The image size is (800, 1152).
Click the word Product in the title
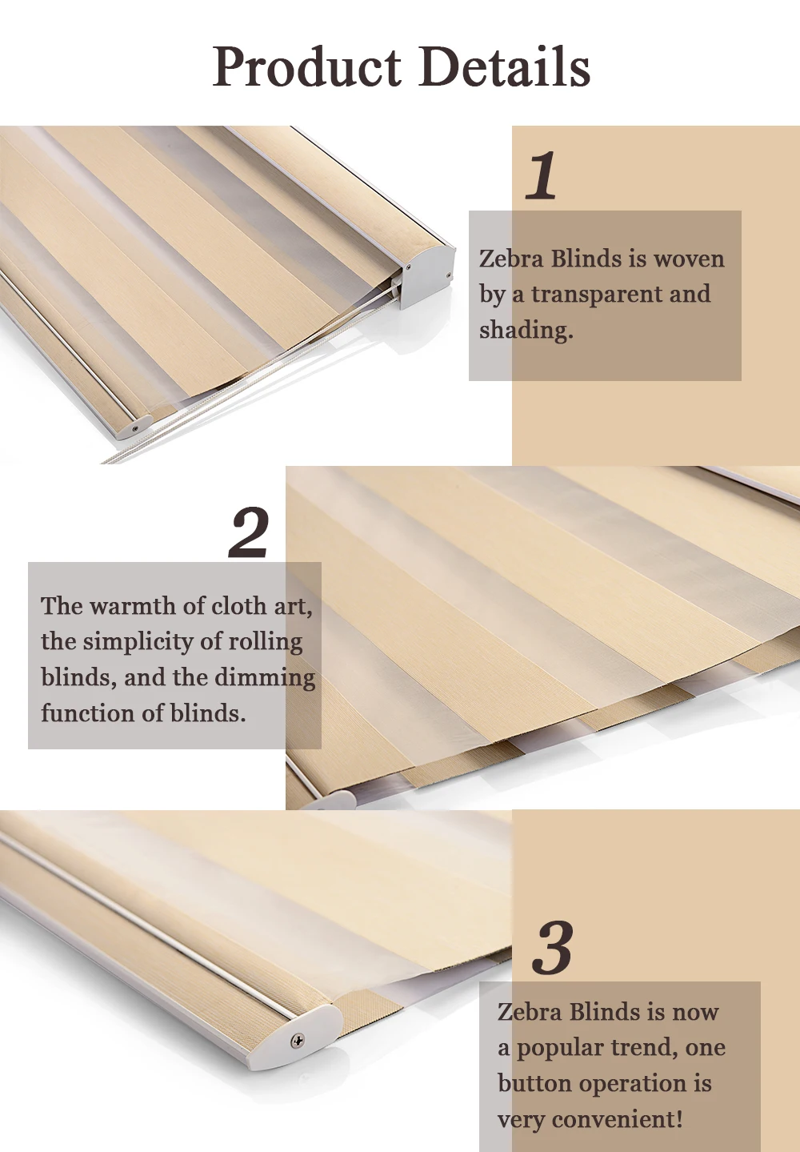click(x=306, y=67)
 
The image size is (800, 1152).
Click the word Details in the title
click(x=505, y=66)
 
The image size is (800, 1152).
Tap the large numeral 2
click(x=249, y=532)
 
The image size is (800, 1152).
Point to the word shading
click(x=526, y=331)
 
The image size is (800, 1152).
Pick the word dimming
click(x=265, y=678)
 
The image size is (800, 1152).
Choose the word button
click(x=534, y=1084)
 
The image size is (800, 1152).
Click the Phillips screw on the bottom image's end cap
click(x=298, y=1041)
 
